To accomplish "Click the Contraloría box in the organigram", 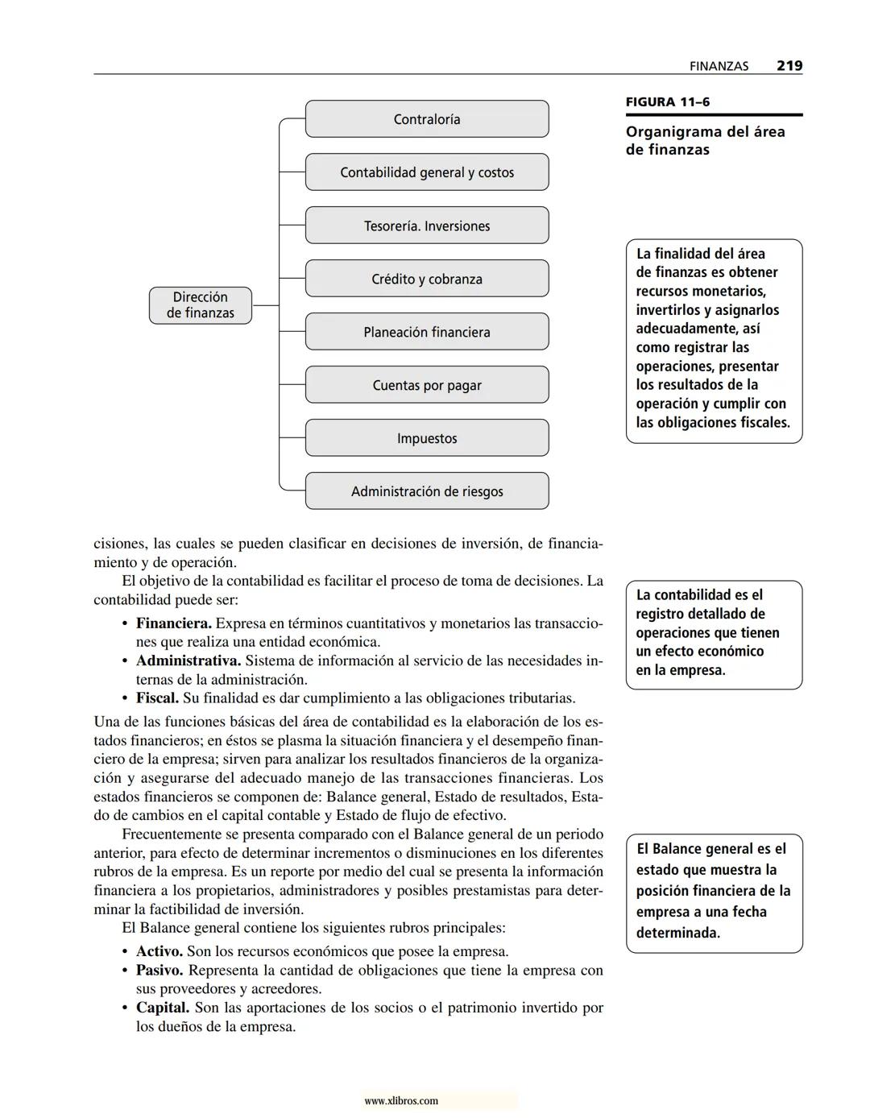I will (x=427, y=119).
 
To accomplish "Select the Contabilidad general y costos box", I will (x=427, y=172).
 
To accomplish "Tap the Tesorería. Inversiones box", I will (x=427, y=226).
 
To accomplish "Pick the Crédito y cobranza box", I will (x=427, y=279).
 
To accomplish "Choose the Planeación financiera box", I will (x=427, y=332).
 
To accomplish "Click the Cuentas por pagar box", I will (x=427, y=385).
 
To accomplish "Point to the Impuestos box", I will (x=427, y=438).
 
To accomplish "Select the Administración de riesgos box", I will (x=427, y=491).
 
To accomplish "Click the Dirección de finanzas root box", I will (x=201, y=305).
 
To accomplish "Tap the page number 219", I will (x=789, y=66).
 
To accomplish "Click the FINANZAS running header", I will (x=719, y=67).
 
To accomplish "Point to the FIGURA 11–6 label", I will (x=668, y=102).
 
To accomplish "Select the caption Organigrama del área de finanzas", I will (x=705, y=141).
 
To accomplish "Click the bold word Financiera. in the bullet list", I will (x=173, y=623).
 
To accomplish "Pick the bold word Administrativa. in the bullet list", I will (x=188, y=660).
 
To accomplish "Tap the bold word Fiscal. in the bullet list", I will (x=157, y=698).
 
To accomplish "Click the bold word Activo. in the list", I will (x=159, y=951).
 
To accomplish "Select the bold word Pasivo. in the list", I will (x=159, y=971).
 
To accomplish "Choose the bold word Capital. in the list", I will (x=162, y=1008).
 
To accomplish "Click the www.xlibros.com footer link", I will (x=401, y=1101).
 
